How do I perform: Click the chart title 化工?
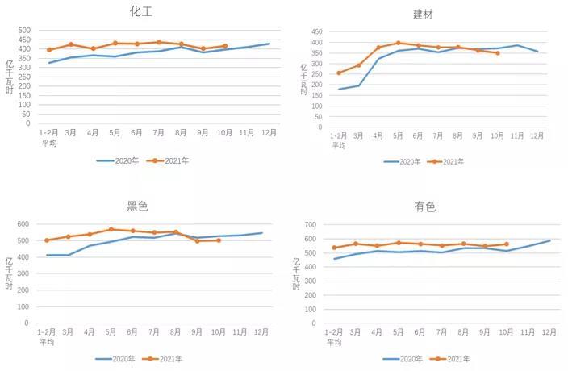[141, 11]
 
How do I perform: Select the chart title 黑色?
[137, 206]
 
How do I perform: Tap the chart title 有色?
[424, 206]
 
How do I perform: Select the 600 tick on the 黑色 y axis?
[23, 224]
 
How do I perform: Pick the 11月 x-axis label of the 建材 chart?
[517, 135]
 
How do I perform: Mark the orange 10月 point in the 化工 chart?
[224, 46]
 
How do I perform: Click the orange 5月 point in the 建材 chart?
[398, 43]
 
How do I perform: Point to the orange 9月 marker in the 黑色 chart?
[198, 240]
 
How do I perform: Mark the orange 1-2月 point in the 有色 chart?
[334, 248]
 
